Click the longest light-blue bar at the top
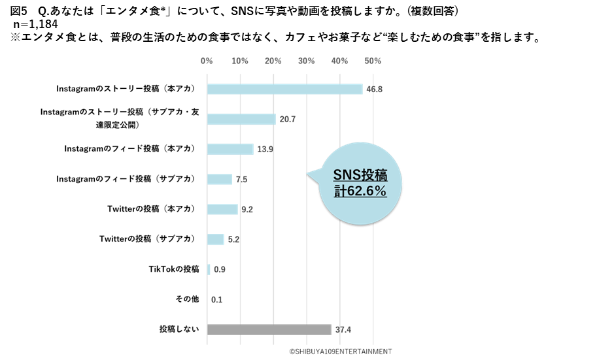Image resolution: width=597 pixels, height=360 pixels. pyautogui.click(x=284, y=90)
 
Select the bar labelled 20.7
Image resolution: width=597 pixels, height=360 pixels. pyautogui.click(x=241, y=120)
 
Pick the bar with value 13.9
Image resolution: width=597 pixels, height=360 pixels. pyautogui.click(x=230, y=149)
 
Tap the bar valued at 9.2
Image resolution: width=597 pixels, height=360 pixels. pyautogui.click(x=222, y=210)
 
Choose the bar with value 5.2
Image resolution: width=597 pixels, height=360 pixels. pyautogui.click(x=215, y=240)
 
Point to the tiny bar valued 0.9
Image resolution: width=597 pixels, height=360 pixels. pyautogui.click(x=209, y=269)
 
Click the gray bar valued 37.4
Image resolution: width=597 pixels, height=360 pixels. pyautogui.click(x=269, y=330)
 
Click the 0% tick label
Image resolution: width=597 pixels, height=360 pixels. pyautogui.click(x=207, y=61)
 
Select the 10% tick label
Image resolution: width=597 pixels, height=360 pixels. pyautogui.click(x=240, y=61)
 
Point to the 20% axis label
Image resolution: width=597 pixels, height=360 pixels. pyautogui.click(x=273, y=61)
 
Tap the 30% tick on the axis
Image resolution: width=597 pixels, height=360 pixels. pyautogui.click(x=307, y=61)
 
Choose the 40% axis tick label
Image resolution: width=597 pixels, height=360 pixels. pyautogui.click(x=339, y=61)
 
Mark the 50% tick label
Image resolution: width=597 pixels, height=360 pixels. pyautogui.click(x=373, y=61)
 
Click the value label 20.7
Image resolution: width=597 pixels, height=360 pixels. pyautogui.click(x=287, y=120)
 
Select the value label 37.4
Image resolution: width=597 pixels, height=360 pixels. pyautogui.click(x=343, y=330)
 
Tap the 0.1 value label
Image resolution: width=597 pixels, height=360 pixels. pyautogui.click(x=217, y=300)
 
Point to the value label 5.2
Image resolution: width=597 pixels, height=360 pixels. pyautogui.click(x=233, y=240)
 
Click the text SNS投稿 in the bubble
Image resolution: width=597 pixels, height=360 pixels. pyautogui.click(x=360, y=176)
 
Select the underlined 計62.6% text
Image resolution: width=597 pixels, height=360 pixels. pyautogui.click(x=360, y=192)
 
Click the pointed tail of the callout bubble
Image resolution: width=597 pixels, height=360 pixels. pyautogui.click(x=309, y=174)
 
